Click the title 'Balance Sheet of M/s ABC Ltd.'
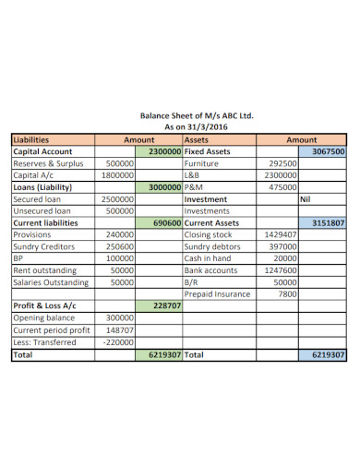pos(196,116)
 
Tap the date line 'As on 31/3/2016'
pos(196,127)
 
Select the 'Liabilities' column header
pos(31,139)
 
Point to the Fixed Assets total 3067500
pos(328,151)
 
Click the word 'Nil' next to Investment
pos(306,198)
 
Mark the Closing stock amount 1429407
pos(278,234)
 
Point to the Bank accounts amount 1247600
pos(278,270)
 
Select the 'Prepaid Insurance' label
pos(217,294)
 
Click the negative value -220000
pos(117,341)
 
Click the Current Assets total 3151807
pos(328,222)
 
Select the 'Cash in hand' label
pos(209,258)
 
